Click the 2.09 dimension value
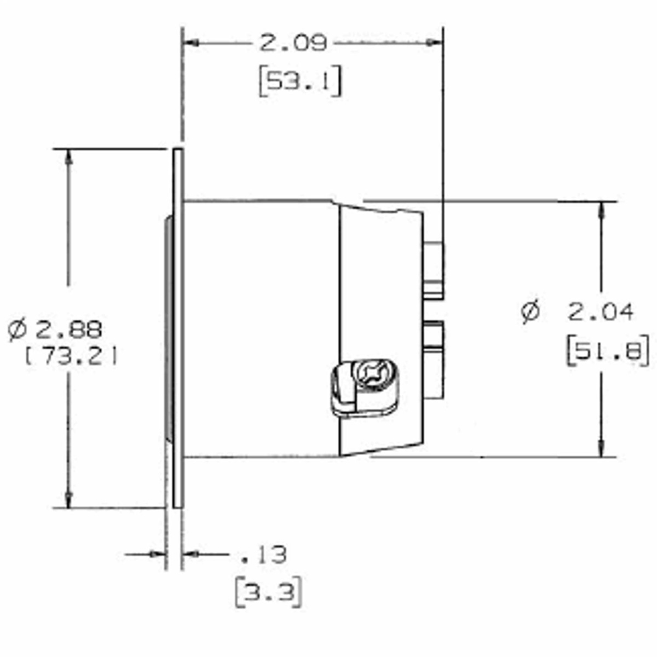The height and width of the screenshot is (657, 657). [x=293, y=43]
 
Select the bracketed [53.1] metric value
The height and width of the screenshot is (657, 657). [x=299, y=82]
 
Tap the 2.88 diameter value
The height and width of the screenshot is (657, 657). [x=69, y=330]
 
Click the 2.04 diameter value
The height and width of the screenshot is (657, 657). [x=601, y=312]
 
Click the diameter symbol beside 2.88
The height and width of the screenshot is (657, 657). [x=17, y=330]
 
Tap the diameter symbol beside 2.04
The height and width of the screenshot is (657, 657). [x=531, y=311]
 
